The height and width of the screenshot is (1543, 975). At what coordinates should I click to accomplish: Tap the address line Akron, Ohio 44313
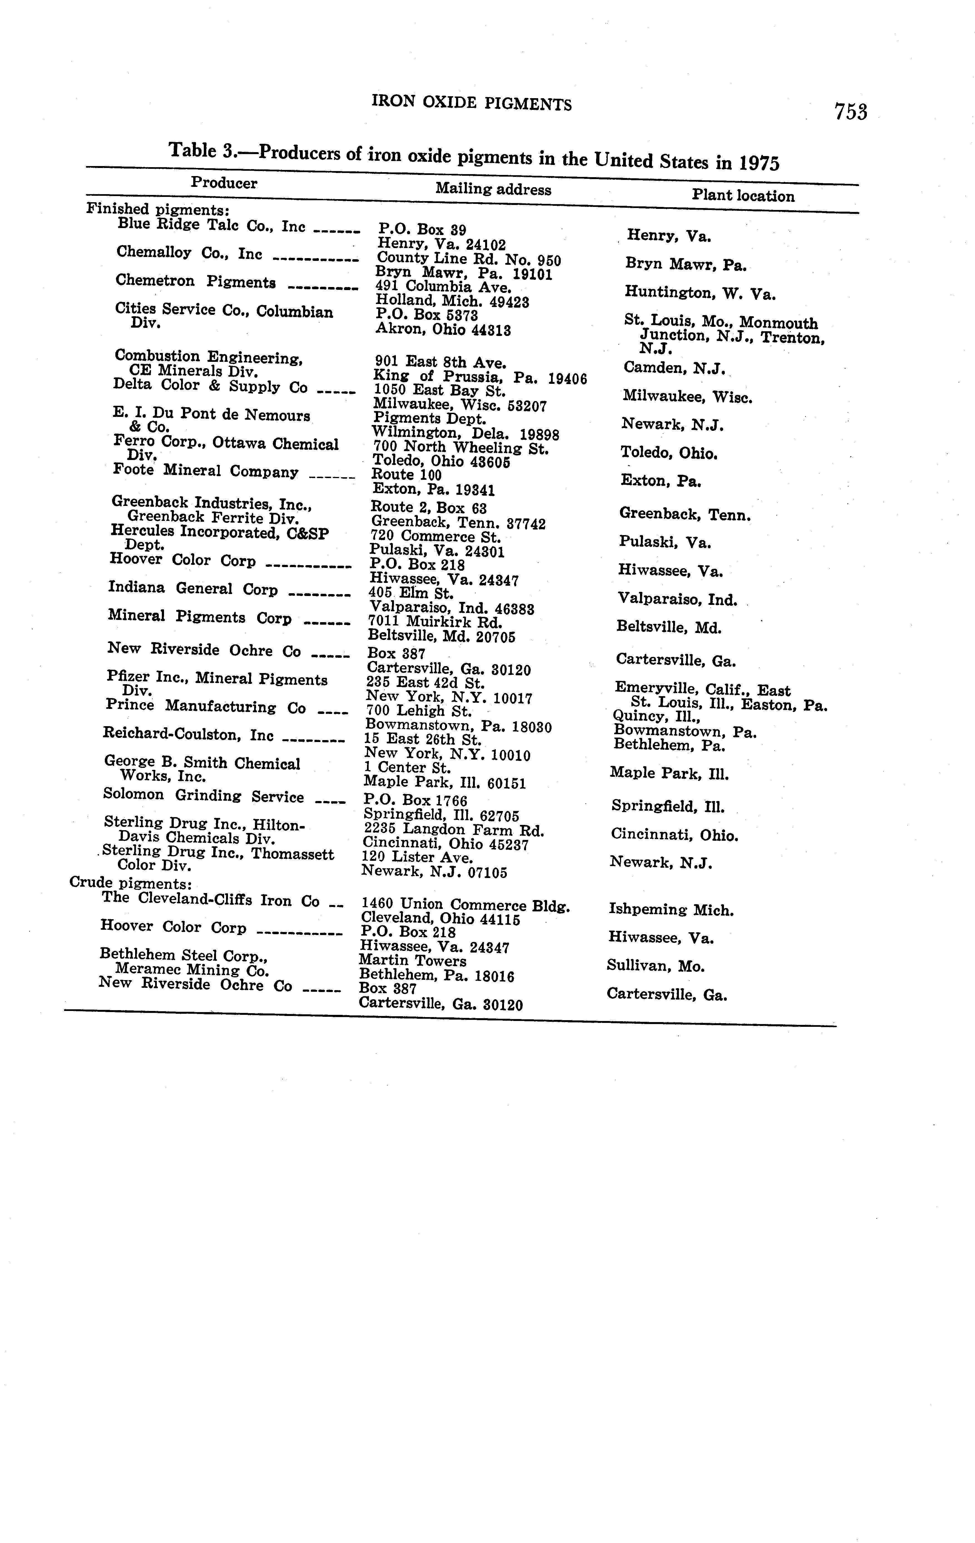(443, 331)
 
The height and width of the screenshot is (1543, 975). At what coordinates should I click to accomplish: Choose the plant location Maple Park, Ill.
(669, 773)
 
